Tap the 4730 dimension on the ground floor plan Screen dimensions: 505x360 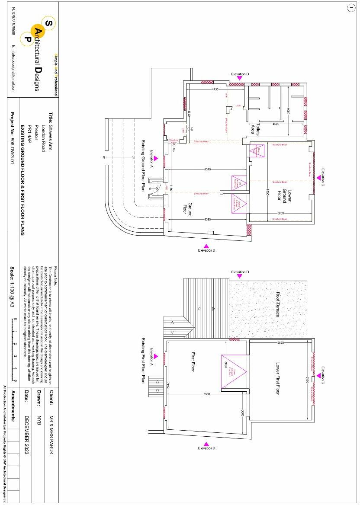(215, 89)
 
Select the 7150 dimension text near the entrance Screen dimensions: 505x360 (171, 188)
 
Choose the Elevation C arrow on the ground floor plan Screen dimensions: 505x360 (318, 177)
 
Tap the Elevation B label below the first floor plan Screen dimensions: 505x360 (206, 448)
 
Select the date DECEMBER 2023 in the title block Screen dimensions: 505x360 (27, 432)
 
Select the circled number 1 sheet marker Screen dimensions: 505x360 (350, 7)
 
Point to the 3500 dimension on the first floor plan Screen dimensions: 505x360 (243, 413)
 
